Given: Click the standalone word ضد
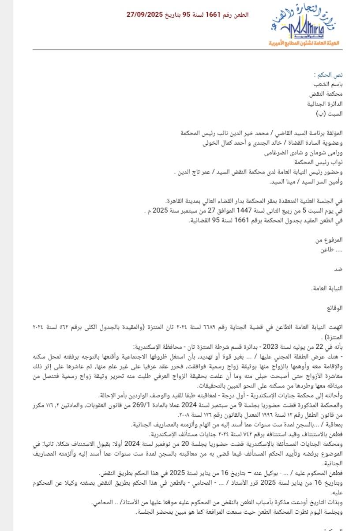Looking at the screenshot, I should [x=339, y=268].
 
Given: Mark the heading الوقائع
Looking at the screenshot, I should [x=334, y=307].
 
